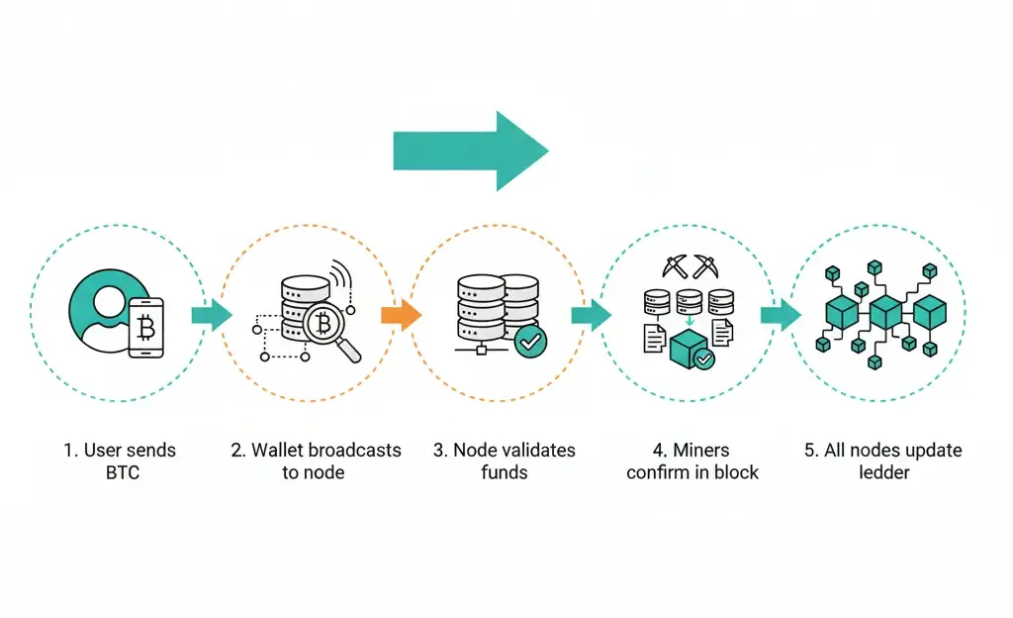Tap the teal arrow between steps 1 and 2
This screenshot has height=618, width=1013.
tap(211, 315)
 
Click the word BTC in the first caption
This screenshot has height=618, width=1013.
tap(123, 472)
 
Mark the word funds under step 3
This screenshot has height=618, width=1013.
tap(505, 472)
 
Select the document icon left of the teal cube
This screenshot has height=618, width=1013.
tap(654, 339)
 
